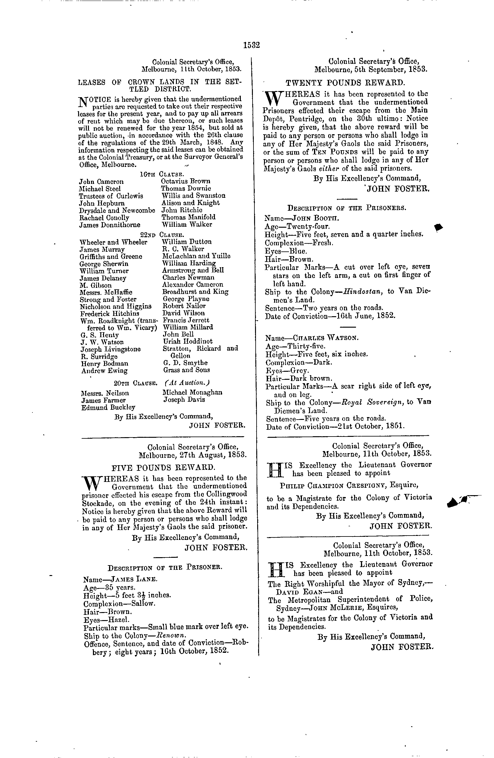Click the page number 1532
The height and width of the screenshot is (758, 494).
251,45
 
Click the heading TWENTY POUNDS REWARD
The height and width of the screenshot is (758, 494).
345,83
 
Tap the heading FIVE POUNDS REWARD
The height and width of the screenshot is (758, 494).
163,467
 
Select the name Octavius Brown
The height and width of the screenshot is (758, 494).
186,181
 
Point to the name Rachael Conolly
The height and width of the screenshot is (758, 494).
104,218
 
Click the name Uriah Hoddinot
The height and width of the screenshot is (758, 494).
187,341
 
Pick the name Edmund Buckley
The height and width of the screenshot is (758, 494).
108,407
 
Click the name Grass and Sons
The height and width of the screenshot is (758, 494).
186,370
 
